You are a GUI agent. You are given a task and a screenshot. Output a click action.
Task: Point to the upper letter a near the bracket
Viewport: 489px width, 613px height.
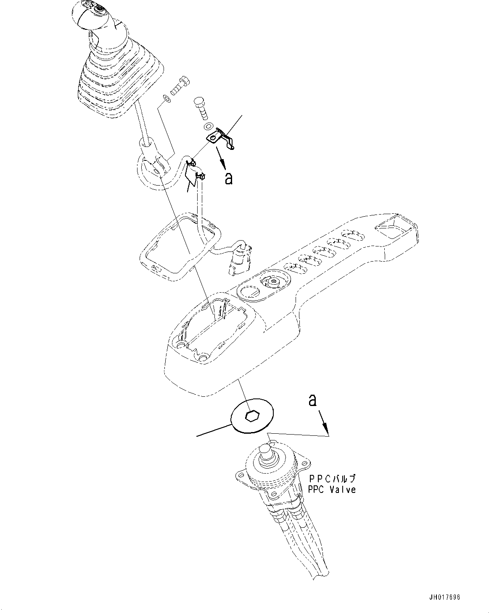point(228,178)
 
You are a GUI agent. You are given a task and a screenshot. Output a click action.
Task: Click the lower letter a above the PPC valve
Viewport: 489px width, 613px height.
point(312,400)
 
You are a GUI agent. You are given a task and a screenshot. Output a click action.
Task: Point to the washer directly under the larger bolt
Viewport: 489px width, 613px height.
point(208,126)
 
